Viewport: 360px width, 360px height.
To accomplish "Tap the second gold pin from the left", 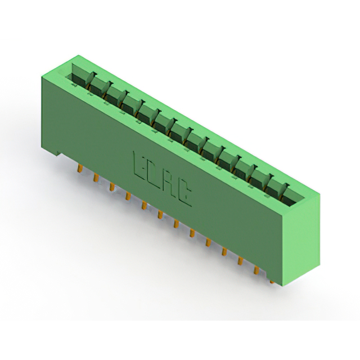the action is (96, 178).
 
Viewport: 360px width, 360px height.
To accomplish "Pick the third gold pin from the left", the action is (112, 186).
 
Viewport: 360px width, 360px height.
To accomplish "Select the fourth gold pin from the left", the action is (128, 196).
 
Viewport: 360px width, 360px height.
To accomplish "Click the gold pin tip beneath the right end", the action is (272, 281).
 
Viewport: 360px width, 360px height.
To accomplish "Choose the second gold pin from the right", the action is (256, 270).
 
